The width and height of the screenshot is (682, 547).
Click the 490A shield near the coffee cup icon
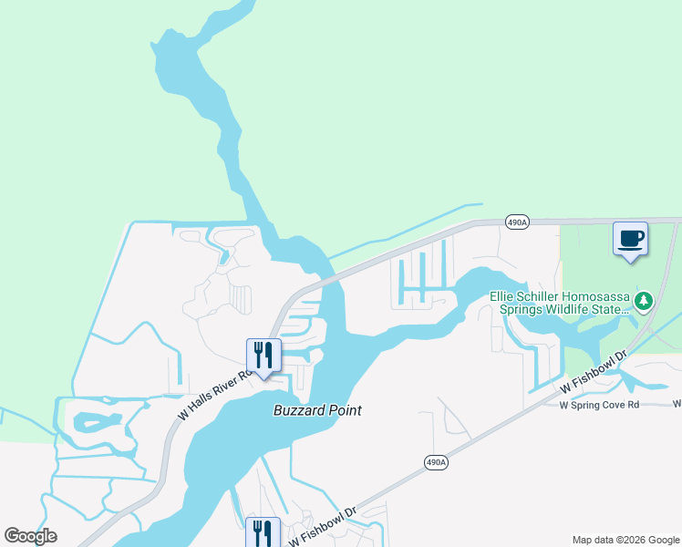tap(517, 222)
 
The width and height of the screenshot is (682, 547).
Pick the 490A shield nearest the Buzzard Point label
tap(437, 463)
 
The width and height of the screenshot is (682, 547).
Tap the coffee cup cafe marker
tap(630, 239)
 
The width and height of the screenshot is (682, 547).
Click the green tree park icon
tap(644, 300)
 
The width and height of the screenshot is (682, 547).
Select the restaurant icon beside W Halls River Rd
tap(263, 356)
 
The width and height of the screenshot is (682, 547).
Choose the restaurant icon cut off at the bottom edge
tap(263, 532)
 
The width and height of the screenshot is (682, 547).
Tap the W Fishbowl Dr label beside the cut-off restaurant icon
tap(320, 528)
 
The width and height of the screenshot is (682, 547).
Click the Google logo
tap(30, 536)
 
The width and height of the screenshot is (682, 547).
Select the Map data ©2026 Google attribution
tap(625, 540)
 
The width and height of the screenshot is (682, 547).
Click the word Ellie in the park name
tap(503, 296)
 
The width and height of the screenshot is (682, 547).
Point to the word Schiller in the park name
tap(546, 296)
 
